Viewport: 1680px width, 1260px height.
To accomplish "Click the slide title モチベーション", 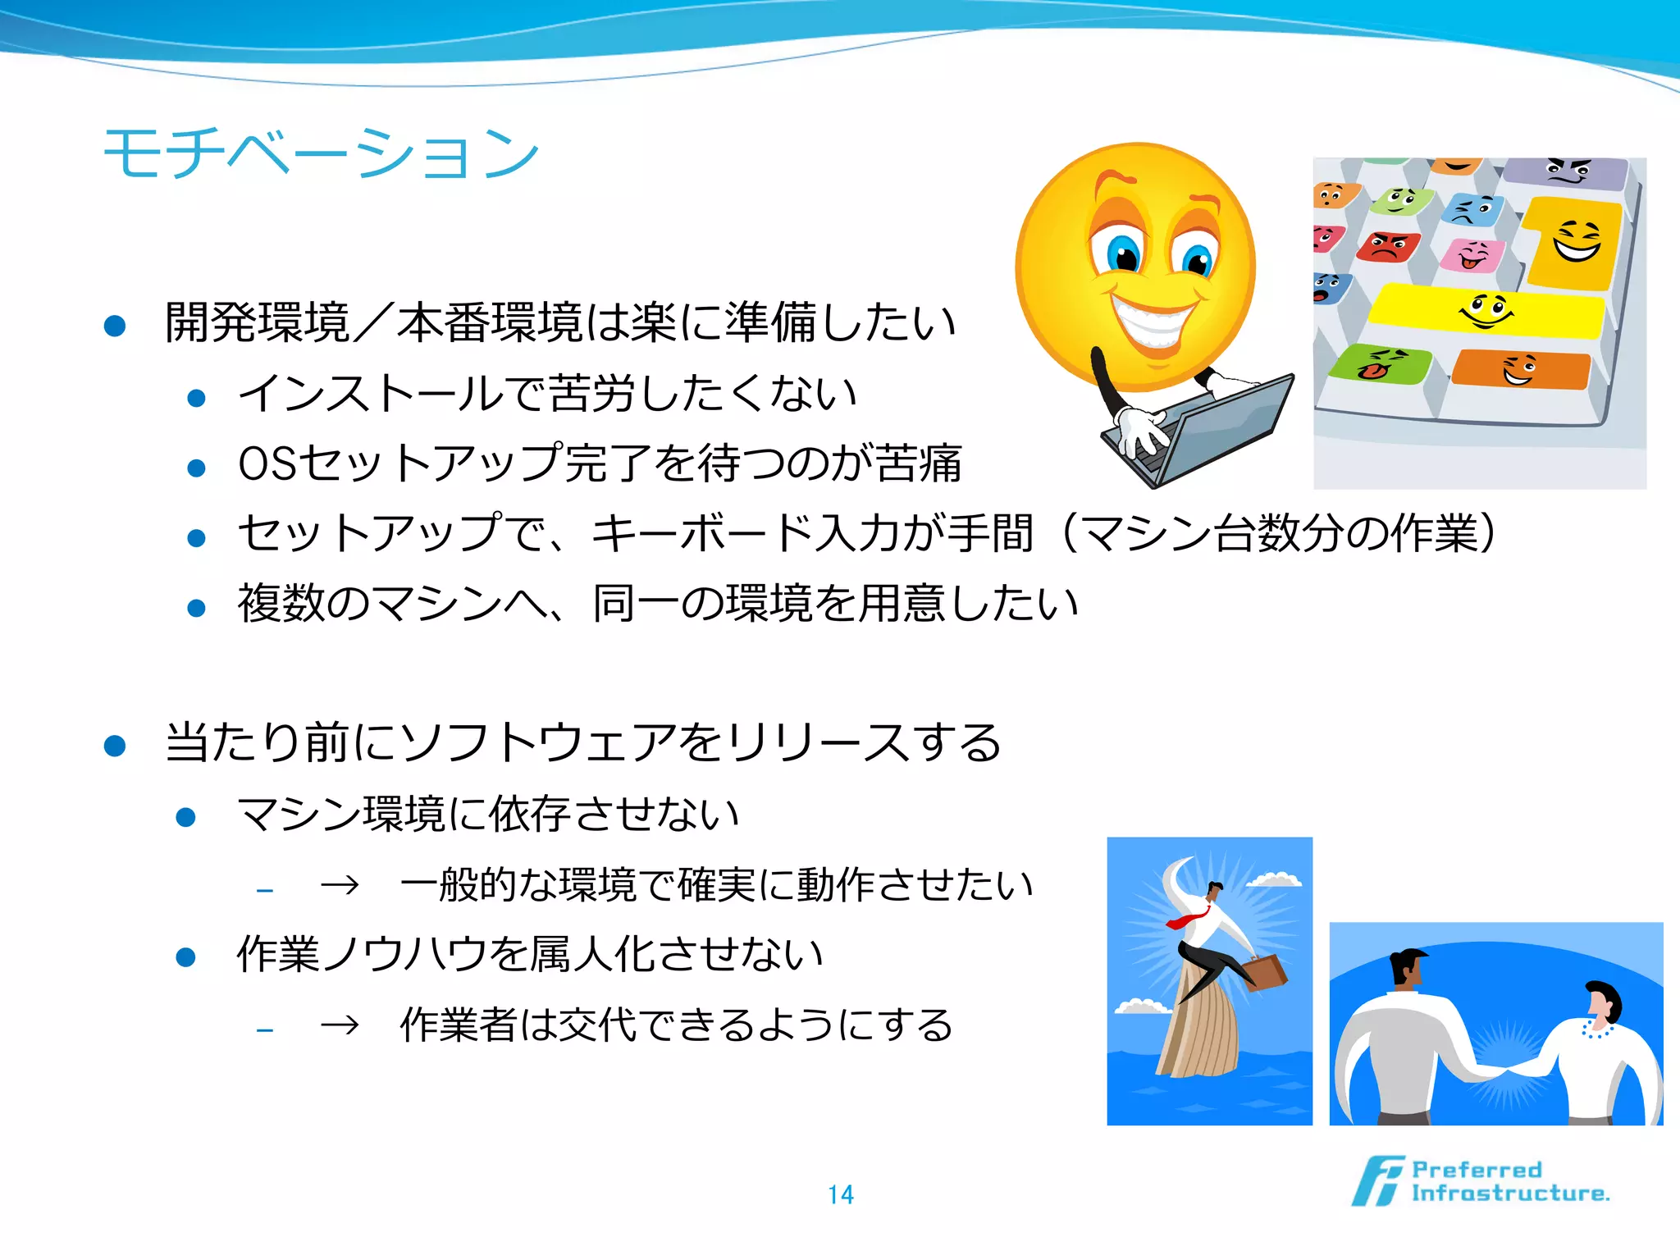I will (321, 153).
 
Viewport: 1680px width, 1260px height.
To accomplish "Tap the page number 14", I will (840, 1194).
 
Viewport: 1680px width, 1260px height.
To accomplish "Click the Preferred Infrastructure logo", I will (1481, 1181).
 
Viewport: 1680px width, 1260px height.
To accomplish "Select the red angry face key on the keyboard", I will (1388, 246).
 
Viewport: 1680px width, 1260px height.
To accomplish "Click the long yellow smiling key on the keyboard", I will (1486, 311).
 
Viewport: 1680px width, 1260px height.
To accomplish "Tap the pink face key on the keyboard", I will (1472, 255).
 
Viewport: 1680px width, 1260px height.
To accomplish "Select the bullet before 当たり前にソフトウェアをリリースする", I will (115, 745).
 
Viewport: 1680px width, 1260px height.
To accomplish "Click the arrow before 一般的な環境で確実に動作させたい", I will (340, 885).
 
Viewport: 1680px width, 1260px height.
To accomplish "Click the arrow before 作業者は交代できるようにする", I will (340, 1025).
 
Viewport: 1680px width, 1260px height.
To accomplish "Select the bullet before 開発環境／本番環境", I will (115, 326).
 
